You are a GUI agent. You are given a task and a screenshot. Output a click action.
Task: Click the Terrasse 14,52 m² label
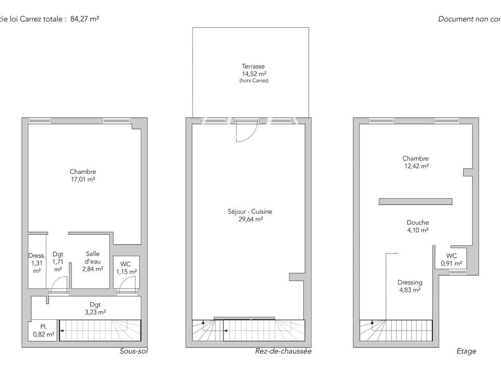point(253,73)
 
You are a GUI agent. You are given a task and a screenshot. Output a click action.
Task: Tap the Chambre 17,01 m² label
point(83,175)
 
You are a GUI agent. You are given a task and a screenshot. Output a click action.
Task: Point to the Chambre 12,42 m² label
point(415,162)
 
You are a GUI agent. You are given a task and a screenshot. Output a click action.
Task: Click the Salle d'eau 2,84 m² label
point(93,261)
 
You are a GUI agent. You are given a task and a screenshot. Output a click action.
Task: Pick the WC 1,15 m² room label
point(126,268)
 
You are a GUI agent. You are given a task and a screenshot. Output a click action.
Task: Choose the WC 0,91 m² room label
point(451,260)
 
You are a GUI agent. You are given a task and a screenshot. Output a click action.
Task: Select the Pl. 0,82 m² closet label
point(43,330)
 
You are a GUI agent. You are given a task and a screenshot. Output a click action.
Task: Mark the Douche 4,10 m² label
point(418,226)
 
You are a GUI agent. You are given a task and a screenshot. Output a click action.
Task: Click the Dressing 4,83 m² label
point(410,286)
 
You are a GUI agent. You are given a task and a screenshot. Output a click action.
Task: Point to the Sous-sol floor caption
point(134,351)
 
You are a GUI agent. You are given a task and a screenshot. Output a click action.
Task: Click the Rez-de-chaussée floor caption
point(283,351)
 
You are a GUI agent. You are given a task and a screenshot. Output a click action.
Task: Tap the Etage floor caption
point(466,351)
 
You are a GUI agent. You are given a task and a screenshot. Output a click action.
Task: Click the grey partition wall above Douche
point(415,202)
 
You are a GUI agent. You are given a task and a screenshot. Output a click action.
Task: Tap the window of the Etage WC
point(458,272)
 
